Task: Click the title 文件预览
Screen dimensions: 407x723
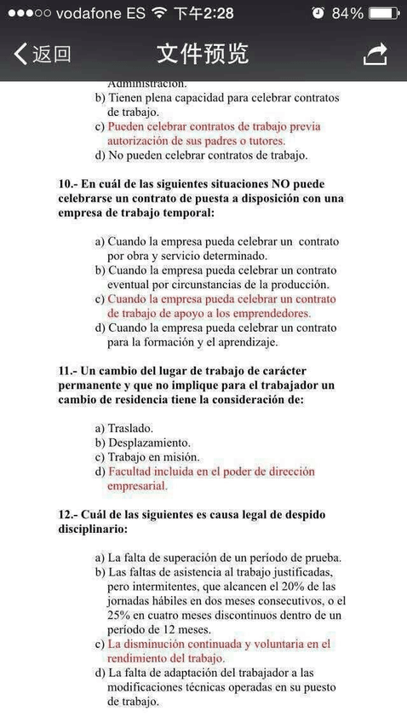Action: click(x=203, y=54)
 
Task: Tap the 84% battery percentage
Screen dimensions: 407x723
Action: click(x=347, y=13)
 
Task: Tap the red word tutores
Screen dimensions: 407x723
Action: click(x=262, y=141)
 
